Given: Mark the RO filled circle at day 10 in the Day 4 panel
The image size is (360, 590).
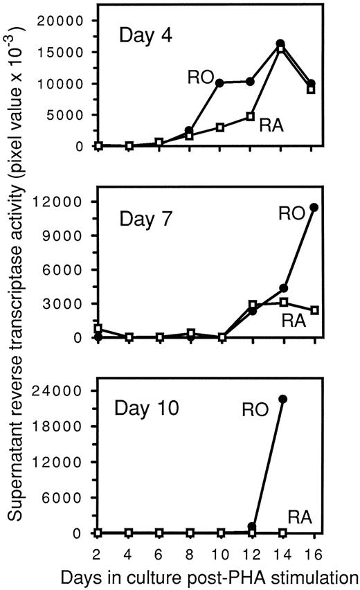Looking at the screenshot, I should [x=220, y=83].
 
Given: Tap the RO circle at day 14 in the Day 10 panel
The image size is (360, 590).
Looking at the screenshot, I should [x=282, y=399].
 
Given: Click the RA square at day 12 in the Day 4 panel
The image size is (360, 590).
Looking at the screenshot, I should [x=251, y=116].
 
